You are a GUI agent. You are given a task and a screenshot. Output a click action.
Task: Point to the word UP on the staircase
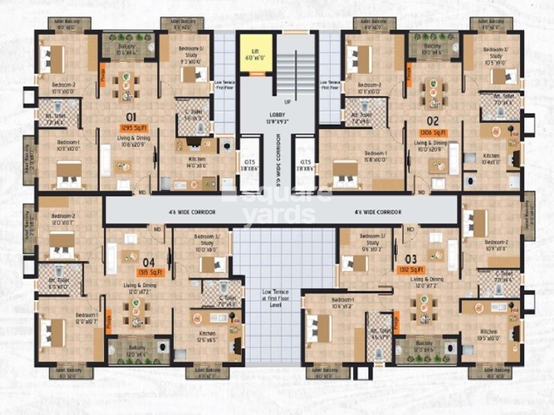coord(287,102)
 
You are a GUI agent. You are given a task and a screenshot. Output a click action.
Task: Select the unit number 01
coord(130,116)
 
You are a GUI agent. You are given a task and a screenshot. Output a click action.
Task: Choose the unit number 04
coord(148,262)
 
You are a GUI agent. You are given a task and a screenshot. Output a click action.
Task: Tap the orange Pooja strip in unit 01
coord(102,73)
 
